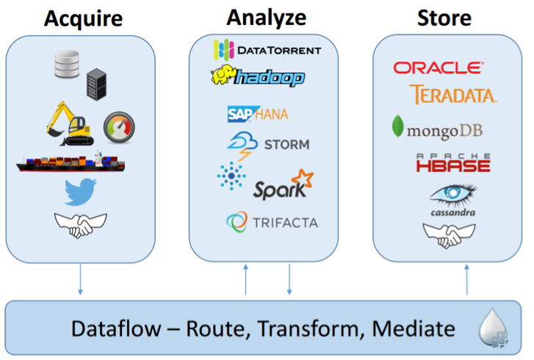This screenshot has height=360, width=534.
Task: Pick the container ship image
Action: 71,162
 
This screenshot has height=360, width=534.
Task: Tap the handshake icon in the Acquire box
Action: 80,224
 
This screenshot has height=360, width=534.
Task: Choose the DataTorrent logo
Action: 267,50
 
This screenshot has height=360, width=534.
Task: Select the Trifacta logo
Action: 272,221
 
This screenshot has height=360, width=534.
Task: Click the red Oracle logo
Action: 439,68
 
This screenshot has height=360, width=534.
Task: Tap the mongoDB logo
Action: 437,129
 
